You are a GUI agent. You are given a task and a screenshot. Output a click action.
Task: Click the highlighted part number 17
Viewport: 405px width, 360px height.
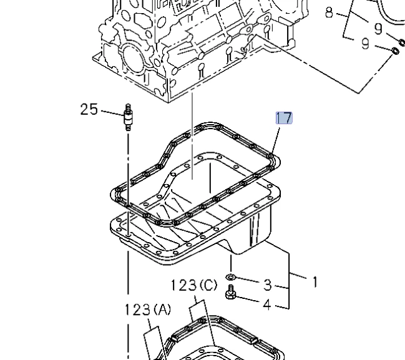tap(284, 118)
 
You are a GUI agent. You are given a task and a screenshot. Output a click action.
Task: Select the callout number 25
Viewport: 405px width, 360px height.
tap(89, 110)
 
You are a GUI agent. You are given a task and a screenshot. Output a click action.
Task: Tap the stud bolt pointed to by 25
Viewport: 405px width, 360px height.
tap(128, 116)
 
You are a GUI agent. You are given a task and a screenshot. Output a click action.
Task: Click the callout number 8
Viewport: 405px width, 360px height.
tap(329, 12)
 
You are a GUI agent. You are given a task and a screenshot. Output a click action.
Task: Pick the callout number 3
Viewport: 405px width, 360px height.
tap(267, 285)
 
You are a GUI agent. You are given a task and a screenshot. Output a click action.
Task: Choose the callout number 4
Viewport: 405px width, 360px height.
tap(267, 305)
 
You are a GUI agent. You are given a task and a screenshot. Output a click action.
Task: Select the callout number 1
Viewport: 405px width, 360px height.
tap(315, 282)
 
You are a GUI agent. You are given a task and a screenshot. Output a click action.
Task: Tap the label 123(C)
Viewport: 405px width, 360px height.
tap(194, 286)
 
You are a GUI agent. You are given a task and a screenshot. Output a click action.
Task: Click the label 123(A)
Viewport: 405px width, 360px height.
tap(147, 309)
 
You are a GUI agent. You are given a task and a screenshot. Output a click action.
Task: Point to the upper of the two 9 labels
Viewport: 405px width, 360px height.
tap(378, 28)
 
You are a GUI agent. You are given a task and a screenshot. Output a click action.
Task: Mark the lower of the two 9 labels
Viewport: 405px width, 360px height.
tap(366, 44)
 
